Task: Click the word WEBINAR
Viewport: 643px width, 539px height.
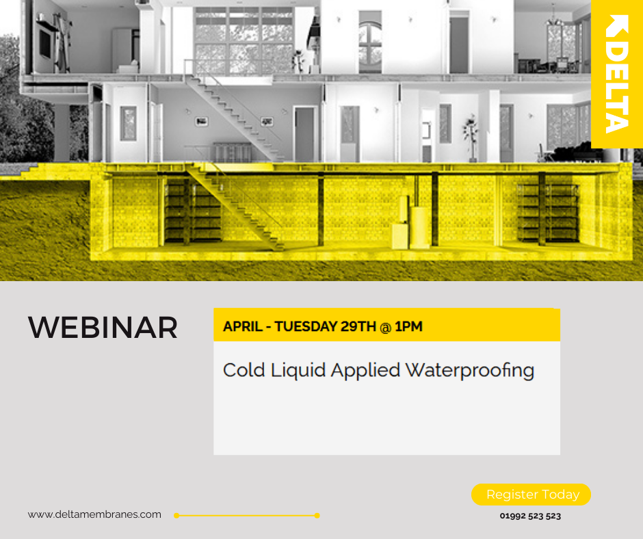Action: point(103,328)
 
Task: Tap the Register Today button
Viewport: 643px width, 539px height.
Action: point(531,495)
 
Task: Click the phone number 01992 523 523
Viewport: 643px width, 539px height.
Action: point(530,516)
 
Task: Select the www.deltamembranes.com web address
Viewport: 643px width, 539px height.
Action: point(94,514)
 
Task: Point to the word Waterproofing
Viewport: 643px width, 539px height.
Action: point(470,371)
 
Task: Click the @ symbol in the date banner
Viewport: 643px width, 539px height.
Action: point(386,327)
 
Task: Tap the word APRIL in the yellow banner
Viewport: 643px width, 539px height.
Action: point(243,326)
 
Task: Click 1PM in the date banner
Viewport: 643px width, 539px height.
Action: point(409,326)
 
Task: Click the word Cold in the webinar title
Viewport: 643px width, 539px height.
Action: point(244,370)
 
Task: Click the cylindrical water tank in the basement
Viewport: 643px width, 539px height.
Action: point(420,228)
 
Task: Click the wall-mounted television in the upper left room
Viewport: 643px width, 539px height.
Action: point(45,43)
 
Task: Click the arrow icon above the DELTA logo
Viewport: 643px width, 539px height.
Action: point(617,25)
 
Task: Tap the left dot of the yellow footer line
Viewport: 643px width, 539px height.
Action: point(176,516)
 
